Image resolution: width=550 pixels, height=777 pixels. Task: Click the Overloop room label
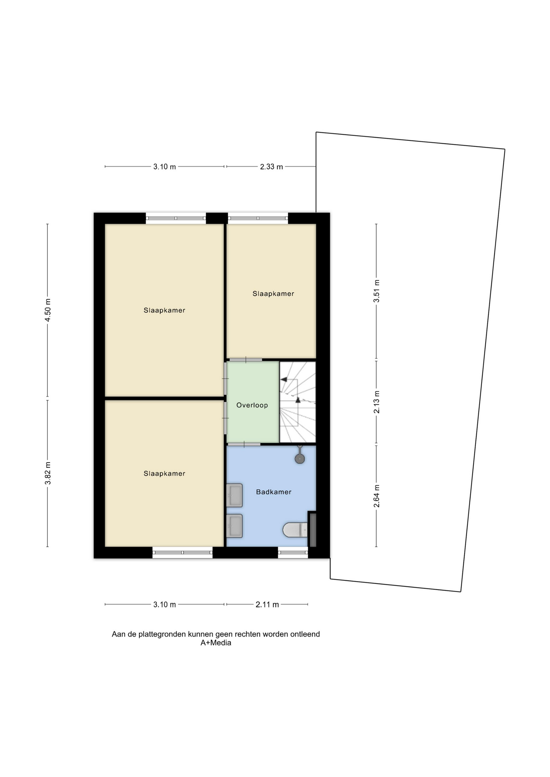coord(252,405)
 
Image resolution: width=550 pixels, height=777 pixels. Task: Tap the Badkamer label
coord(274,492)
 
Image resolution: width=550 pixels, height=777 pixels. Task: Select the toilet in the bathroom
coord(295,530)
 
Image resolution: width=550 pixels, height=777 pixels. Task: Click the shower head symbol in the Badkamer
coord(299,458)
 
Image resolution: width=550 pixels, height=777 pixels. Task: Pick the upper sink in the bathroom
coord(234,495)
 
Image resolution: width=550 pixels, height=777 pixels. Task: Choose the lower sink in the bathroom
coord(234,526)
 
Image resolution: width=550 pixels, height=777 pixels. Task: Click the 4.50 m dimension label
coord(47,310)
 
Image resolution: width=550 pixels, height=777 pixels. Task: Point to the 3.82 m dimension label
coord(47,473)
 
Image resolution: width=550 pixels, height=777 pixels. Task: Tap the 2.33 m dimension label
coord(271,167)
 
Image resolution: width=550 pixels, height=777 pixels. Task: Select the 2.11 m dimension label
coord(267,605)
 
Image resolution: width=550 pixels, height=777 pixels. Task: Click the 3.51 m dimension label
coord(376,291)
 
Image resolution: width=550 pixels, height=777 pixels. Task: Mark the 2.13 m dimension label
coord(376,402)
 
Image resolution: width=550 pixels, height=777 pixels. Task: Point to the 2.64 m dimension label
coord(376,496)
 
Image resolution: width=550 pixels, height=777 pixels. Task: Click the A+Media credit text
coord(216,643)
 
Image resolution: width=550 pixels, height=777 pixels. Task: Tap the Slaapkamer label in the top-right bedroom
coord(273,294)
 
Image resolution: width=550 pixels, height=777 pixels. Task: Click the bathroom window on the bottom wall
coord(293,552)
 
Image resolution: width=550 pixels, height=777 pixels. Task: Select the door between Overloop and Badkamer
coord(243,444)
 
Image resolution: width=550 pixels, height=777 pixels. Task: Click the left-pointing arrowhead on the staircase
coord(284,380)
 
